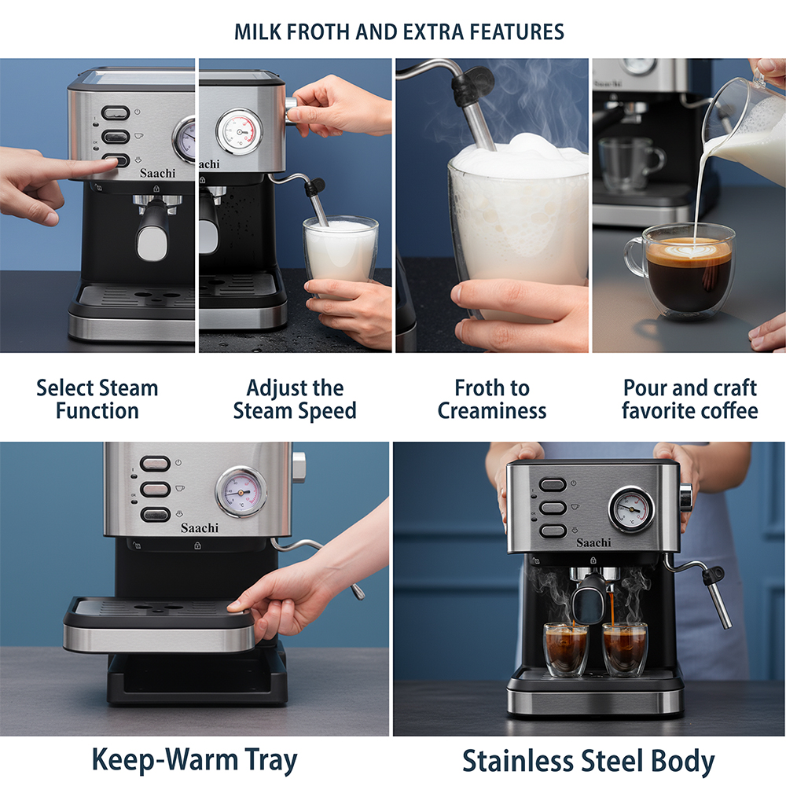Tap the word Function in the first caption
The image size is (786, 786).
pyautogui.click(x=97, y=411)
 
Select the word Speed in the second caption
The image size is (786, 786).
pyautogui.click(x=326, y=412)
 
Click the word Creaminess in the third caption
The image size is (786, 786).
pyautogui.click(x=492, y=411)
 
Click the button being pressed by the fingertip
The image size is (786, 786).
pyautogui.click(x=116, y=161)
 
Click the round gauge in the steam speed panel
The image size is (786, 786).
pyautogui.click(x=239, y=131)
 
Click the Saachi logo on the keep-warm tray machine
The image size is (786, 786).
pyautogui.click(x=200, y=528)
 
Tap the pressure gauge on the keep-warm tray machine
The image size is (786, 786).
pyautogui.click(x=241, y=492)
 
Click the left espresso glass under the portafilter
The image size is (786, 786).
pyautogui.click(x=566, y=650)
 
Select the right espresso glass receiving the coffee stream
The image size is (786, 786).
pyautogui.click(x=625, y=650)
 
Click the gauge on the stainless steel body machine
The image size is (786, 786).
pyautogui.click(x=632, y=509)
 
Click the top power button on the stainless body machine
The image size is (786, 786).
pyautogui.click(x=553, y=484)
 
